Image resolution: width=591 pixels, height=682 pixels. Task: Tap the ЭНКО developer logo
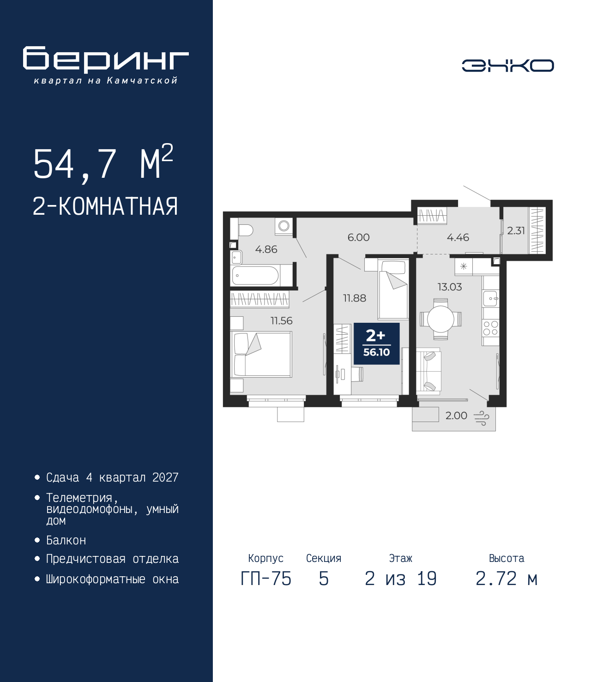coord(507,66)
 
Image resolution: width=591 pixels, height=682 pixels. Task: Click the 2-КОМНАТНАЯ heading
coord(105,207)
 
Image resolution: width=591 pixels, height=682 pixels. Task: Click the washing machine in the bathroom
coord(283,226)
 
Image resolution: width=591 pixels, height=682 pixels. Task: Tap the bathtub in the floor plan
coord(256,275)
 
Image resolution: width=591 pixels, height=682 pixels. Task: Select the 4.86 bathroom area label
coord(266,249)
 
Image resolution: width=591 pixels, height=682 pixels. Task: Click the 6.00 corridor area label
coord(358,237)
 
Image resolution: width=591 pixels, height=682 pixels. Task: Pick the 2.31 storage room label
coord(516,230)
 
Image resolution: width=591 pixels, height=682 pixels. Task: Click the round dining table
coord(440,319)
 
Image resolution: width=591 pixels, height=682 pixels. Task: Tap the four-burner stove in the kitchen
coord(490,328)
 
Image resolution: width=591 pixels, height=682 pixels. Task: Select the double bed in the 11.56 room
coord(261,354)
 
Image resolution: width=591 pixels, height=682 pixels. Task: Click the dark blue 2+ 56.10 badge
coord(376,344)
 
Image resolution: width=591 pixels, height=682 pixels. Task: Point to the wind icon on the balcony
coord(482,418)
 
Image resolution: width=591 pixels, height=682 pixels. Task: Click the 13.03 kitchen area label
coord(449,287)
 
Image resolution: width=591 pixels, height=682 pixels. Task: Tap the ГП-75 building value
coord(265,579)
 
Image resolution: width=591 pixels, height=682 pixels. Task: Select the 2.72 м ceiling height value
coord(506,579)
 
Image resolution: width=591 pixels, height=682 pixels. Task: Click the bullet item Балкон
coord(66,540)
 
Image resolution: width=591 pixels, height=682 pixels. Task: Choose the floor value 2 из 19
coord(401,579)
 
